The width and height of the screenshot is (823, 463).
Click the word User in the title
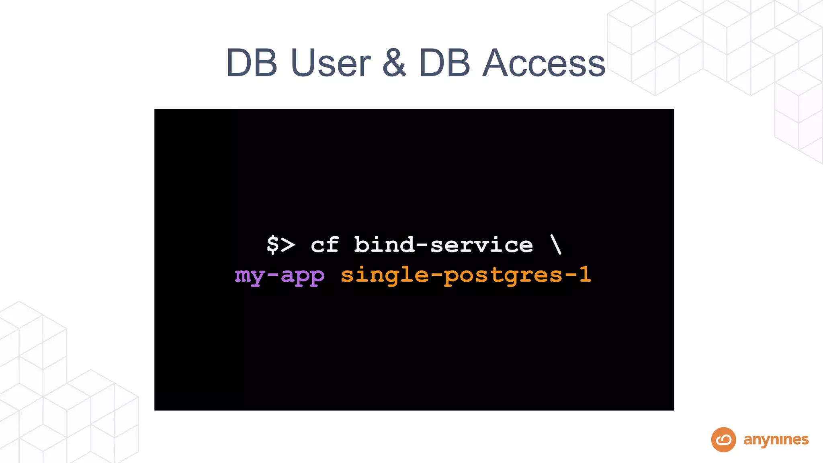tap(330, 63)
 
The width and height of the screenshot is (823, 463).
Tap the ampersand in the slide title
tap(394, 63)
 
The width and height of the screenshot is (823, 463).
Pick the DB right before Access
tap(444, 63)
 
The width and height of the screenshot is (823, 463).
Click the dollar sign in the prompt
tap(273, 244)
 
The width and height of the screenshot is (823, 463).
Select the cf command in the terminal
tap(325, 244)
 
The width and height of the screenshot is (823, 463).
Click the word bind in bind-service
tap(384, 244)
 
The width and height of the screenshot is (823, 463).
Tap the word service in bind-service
tap(482, 244)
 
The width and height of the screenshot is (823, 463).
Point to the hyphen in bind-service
tap(422, 245)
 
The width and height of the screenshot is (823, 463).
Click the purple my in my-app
tap(250, 276)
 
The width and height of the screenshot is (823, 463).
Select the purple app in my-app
tap(303, 276)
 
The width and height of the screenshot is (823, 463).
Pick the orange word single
tap(385, 275)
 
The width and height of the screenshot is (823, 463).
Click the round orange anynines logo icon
tap(723, 440)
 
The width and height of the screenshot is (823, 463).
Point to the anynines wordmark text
tap(776, 440)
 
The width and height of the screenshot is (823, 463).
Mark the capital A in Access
tap(498, 63)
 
